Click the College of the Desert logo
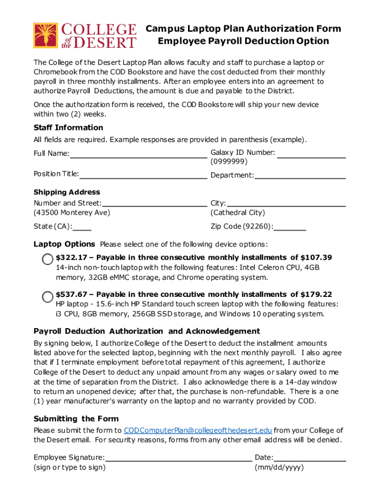(84, 35)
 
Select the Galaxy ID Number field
(312, 155)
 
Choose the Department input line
(300, 176)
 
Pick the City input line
(287, 204)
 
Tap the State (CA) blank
(83, 228)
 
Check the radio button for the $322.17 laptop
(47, 259)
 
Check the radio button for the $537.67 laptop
(47, 296)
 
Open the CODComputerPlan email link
(198, 430)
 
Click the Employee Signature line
(179, 458)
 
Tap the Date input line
(310, 458)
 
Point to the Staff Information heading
(68, 127)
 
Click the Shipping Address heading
(67, 192)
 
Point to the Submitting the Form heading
(76, 418)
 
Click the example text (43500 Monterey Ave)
(72, 213)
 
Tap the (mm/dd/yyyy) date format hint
(279, 467)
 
